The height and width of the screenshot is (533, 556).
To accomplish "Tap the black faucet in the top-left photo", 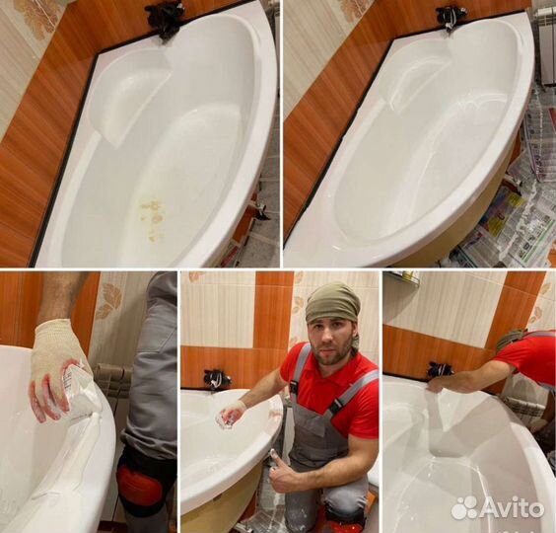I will pos(165,19).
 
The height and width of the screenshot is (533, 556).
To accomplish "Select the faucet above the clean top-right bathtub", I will pos(451,17).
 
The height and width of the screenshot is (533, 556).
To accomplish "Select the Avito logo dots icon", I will pos(464,507).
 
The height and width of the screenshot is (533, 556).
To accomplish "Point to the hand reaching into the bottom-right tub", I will pos(436,384).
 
